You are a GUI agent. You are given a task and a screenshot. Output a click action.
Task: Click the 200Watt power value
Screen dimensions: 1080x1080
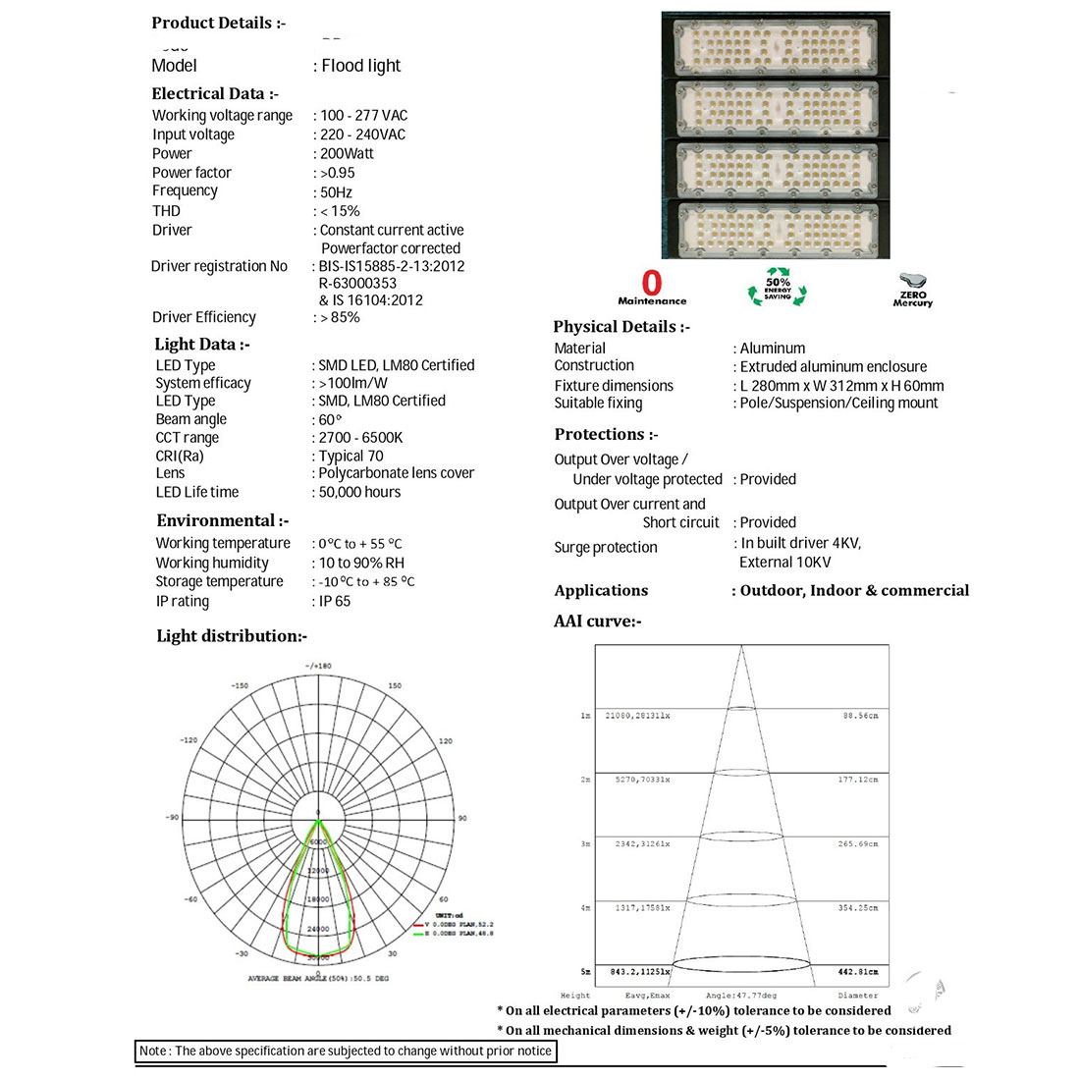[x=347, y=153]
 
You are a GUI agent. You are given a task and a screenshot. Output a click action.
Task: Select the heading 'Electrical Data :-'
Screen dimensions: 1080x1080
[x=215, y=93]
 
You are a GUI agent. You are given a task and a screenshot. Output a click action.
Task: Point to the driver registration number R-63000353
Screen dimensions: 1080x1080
[x=357, y=283]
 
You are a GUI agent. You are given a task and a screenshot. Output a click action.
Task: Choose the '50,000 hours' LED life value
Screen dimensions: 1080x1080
[x=359, y=492]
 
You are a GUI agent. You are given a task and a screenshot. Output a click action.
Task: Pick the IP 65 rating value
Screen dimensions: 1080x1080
[x=334, y=601]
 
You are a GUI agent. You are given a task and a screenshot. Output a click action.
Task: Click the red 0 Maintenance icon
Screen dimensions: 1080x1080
[x=652, y=288]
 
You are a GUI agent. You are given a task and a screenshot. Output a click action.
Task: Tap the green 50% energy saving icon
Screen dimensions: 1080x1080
[x=777, y=287]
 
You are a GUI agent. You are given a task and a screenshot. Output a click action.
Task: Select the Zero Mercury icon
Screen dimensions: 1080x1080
[x=912, y=290]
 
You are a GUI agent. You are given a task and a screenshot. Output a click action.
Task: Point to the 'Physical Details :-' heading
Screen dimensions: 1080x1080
[x=621, y=327]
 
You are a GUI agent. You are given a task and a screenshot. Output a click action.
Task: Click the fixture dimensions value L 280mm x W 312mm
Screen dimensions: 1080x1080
[x=841, y=386]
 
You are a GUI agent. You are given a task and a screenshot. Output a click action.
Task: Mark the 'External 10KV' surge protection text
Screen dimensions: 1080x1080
[x=784, y=563]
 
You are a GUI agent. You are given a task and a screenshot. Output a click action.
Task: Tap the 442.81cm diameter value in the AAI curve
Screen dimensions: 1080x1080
[x=857, y=972]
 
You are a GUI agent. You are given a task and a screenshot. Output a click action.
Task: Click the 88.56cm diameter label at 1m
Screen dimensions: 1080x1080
[x=860, y=716]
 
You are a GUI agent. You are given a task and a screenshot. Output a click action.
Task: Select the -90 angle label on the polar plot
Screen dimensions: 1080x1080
[x=172, y=818]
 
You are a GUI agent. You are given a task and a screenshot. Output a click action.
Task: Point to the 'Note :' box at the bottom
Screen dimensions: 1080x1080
[x=346, y=1052]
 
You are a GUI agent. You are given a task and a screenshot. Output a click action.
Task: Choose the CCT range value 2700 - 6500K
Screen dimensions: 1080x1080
[x=360, y=438]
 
